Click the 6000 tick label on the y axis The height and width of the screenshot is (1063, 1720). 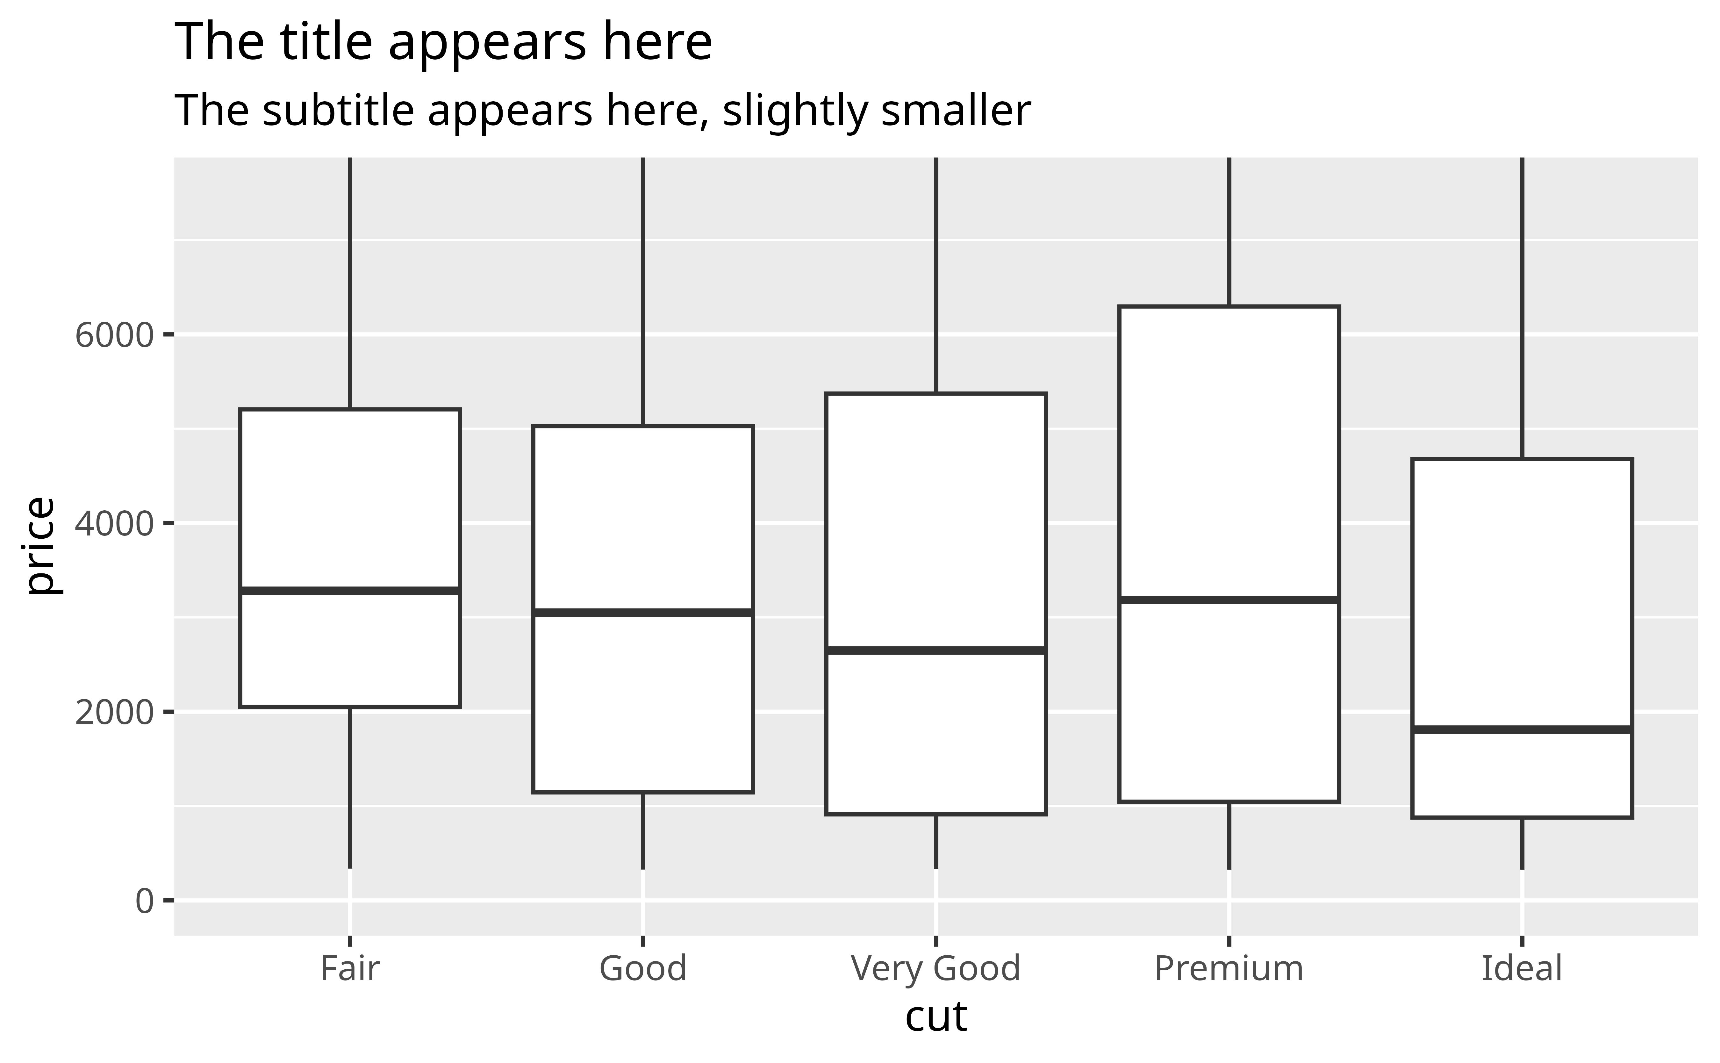[x=114, y=335]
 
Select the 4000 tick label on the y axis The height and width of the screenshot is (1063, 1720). [x=114, y=524]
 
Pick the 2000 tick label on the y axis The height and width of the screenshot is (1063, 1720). [x=114, y=712]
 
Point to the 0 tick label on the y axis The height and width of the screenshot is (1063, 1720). [x=144, y=901]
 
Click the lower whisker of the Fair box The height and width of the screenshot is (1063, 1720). [x=350, y=787]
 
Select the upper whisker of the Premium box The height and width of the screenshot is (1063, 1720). [x=1229, y=232]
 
